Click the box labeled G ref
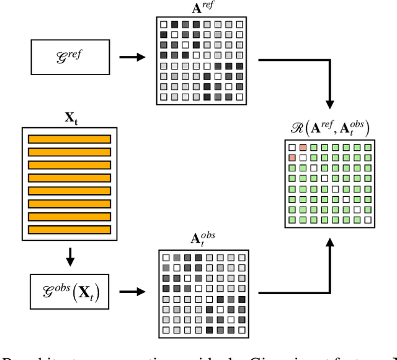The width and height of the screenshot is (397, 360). [69, 58]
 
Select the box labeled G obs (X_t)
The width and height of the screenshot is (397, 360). [69, 290]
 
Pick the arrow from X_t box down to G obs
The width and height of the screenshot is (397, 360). [69, 254]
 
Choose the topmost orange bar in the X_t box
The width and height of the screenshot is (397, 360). [69, 139]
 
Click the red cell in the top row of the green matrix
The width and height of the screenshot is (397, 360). [303, 148]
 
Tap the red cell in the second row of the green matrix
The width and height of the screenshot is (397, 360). [292, 158]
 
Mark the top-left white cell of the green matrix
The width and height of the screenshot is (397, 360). [292, 148]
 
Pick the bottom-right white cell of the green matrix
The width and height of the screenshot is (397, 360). [368, 220]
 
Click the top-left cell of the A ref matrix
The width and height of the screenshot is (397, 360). [164, 25]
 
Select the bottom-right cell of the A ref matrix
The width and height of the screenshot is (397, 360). [239, 96]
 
